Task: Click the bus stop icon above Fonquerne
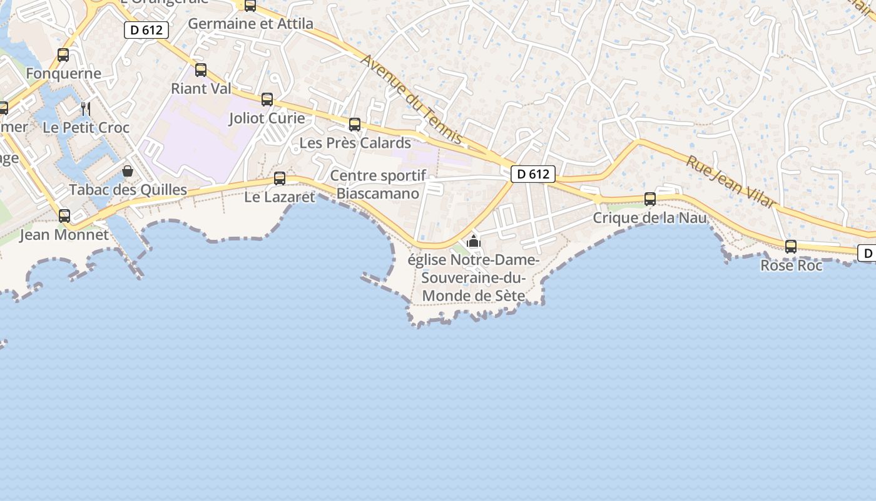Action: tap(63, 55)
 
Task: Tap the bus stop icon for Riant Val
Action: tap(201, 70)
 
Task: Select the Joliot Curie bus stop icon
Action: tap(267, 99)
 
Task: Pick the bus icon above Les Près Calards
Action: tap(355, 125)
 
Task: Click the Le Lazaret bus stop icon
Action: tap(280, 178)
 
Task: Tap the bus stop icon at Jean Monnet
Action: tap(64, 216)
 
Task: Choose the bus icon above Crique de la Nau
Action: tap(650, 199)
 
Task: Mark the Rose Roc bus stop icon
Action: tap(791, 247)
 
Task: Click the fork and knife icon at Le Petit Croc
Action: tap(86, 109)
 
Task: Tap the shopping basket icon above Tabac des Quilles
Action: tap(128, 171)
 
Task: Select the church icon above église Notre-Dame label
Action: tap(474, 241)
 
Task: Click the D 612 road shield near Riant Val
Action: tap(146, 30)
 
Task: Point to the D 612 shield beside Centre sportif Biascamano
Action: tap(533, 174)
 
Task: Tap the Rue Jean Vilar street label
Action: tap(731, 182)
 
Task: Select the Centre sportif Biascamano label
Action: tap(378, 184)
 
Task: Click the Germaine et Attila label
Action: tap(250, 24)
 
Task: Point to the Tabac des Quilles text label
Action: tap(128, 190)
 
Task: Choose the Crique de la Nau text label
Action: tap(649, 218)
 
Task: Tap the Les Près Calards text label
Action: tap(355, 143)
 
